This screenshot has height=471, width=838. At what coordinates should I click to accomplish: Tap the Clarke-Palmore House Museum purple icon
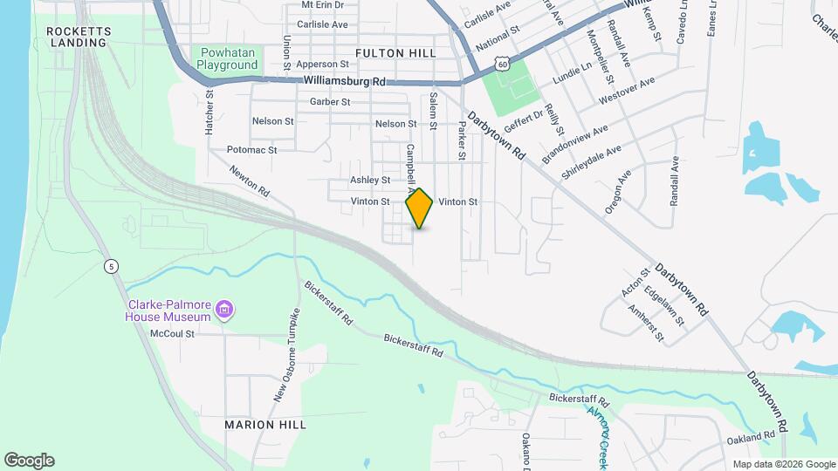coord(225,310)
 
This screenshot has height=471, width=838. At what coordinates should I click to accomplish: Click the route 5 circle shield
coord(111,266)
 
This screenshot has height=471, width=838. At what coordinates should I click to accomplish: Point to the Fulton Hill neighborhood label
coord(395,53)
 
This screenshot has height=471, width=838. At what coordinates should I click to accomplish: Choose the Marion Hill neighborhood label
coord(265,425)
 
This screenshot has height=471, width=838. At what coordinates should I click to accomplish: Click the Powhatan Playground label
coord(226,58)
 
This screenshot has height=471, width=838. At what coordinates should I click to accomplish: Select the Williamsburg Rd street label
coord(345,81)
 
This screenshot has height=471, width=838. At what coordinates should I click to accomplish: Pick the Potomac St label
coord(251,150)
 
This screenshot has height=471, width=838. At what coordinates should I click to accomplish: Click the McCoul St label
coord(172,333)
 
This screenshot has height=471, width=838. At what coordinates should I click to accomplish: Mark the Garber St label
coord(330,102)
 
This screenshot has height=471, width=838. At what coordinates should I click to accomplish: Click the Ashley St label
coord(370,181)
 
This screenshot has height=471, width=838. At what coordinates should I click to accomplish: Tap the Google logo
coord(29,461)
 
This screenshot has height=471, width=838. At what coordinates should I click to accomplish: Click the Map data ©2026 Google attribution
coord(784,464)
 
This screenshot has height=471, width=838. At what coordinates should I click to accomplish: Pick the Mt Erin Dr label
coord(323,4)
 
